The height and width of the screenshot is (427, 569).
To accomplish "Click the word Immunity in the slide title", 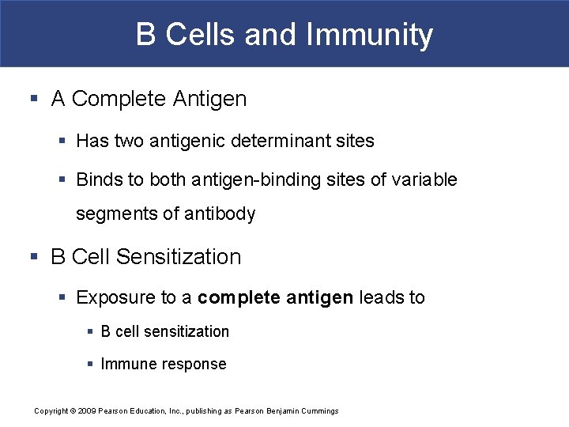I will [x=369, y=36].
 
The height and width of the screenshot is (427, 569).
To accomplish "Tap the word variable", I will [x=427, y=179].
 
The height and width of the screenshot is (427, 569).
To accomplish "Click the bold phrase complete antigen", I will [x=276, y=297].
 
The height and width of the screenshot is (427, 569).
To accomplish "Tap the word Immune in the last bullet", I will [x=127, y=364].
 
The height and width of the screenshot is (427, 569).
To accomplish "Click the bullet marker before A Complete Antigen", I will [x=33, y=99].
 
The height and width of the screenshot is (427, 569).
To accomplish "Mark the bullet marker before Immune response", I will [x=91, y=364].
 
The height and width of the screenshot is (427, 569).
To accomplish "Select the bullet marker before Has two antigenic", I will [x=63, y=141].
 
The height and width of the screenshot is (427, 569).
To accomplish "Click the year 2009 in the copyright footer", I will [x=88, y=410].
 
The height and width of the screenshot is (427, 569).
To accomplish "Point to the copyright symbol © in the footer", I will [x=72, y=410].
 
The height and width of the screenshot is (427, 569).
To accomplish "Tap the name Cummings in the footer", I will [x=320, y=410].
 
